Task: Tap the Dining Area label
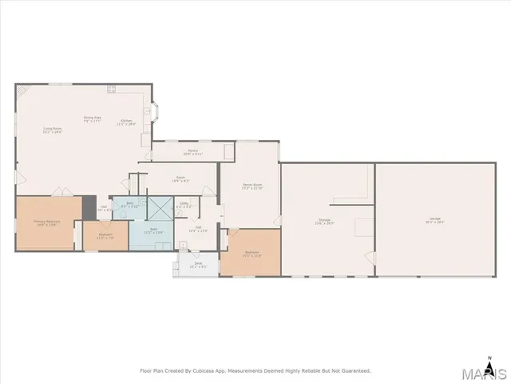tap(93, 119)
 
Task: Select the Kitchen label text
tap(125, 122)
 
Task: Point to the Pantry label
tap(193, 151)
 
